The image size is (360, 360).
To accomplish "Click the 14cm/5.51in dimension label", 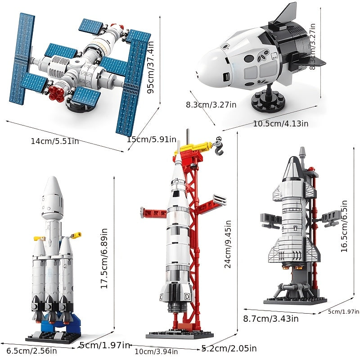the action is tap(54, 141).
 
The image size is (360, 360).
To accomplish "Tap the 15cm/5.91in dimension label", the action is tap(152, 139).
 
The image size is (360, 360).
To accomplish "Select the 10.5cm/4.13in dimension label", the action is tap(280, 124).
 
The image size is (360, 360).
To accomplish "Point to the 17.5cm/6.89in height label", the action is tap(104, 258).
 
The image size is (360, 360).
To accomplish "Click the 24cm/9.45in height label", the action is tap(228, 244).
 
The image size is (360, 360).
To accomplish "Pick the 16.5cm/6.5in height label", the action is tap(344, 226).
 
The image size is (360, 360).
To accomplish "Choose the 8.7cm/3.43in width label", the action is tap(271, 319).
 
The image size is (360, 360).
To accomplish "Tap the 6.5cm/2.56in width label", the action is tap(31, 351).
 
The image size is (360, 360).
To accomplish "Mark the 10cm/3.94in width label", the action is tap(156, 351).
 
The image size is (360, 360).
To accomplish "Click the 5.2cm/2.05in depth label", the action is tap(229, 348).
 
